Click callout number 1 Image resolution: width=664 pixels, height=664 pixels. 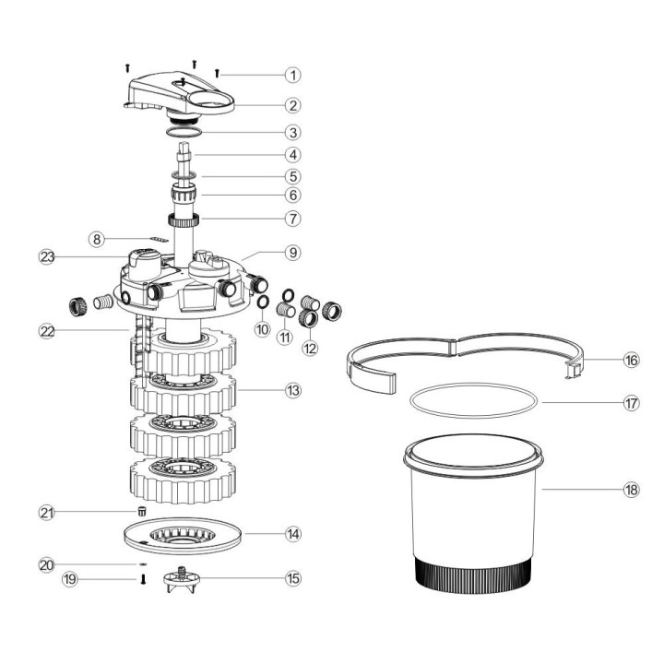coord(293,74)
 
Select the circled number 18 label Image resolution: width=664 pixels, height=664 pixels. coord(631,490)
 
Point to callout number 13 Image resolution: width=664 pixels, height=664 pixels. coord(293,391)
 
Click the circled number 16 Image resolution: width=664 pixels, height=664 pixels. coord(631,361)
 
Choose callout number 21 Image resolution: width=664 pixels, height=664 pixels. coord(46,512)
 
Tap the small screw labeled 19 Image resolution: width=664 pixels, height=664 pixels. coord(143,580)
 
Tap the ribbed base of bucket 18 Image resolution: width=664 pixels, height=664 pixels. coord(470,576)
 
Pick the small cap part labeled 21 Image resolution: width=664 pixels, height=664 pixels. coord(142,512)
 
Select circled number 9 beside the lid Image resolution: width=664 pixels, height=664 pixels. coord(293,251)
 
